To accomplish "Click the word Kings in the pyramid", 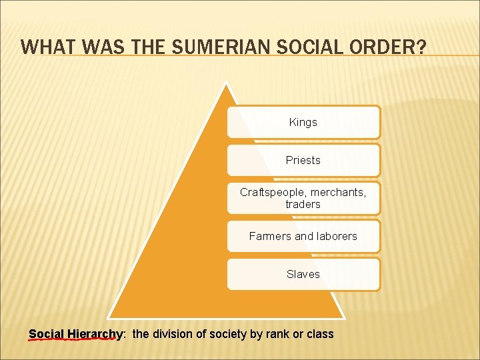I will coord(303,123).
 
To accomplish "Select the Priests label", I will coord(303,161).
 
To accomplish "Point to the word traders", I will coord(303,205).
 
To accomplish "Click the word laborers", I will coord(335,236).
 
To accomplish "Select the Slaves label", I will coord(303,274).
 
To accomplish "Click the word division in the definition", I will coord(172,334).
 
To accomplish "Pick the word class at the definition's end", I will coord(320,334).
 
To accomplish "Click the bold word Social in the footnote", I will coord(47,334).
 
